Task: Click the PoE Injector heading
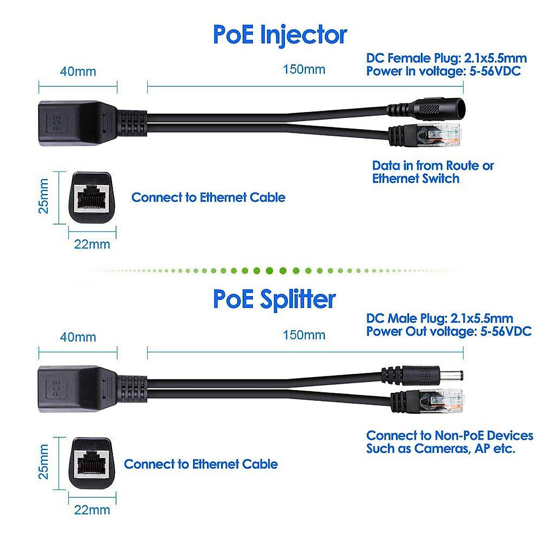[x=279, y=35]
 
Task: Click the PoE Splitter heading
[x=274, y=299]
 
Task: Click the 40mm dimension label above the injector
[x=78, y=72]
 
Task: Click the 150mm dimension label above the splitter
[x=304, y=335]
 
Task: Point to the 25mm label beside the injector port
[x=43, y=196]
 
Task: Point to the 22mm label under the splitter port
[x=92, y=510]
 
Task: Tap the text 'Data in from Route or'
[x=432, y=166]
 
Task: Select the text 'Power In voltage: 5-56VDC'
[x=443, y=71]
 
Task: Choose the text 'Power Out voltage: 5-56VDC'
[x=449, y=332]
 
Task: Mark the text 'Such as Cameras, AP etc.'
[x=441, y=449]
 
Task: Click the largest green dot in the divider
[x=269, y=271]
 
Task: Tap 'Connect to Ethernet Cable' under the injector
[x=208, y=198]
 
